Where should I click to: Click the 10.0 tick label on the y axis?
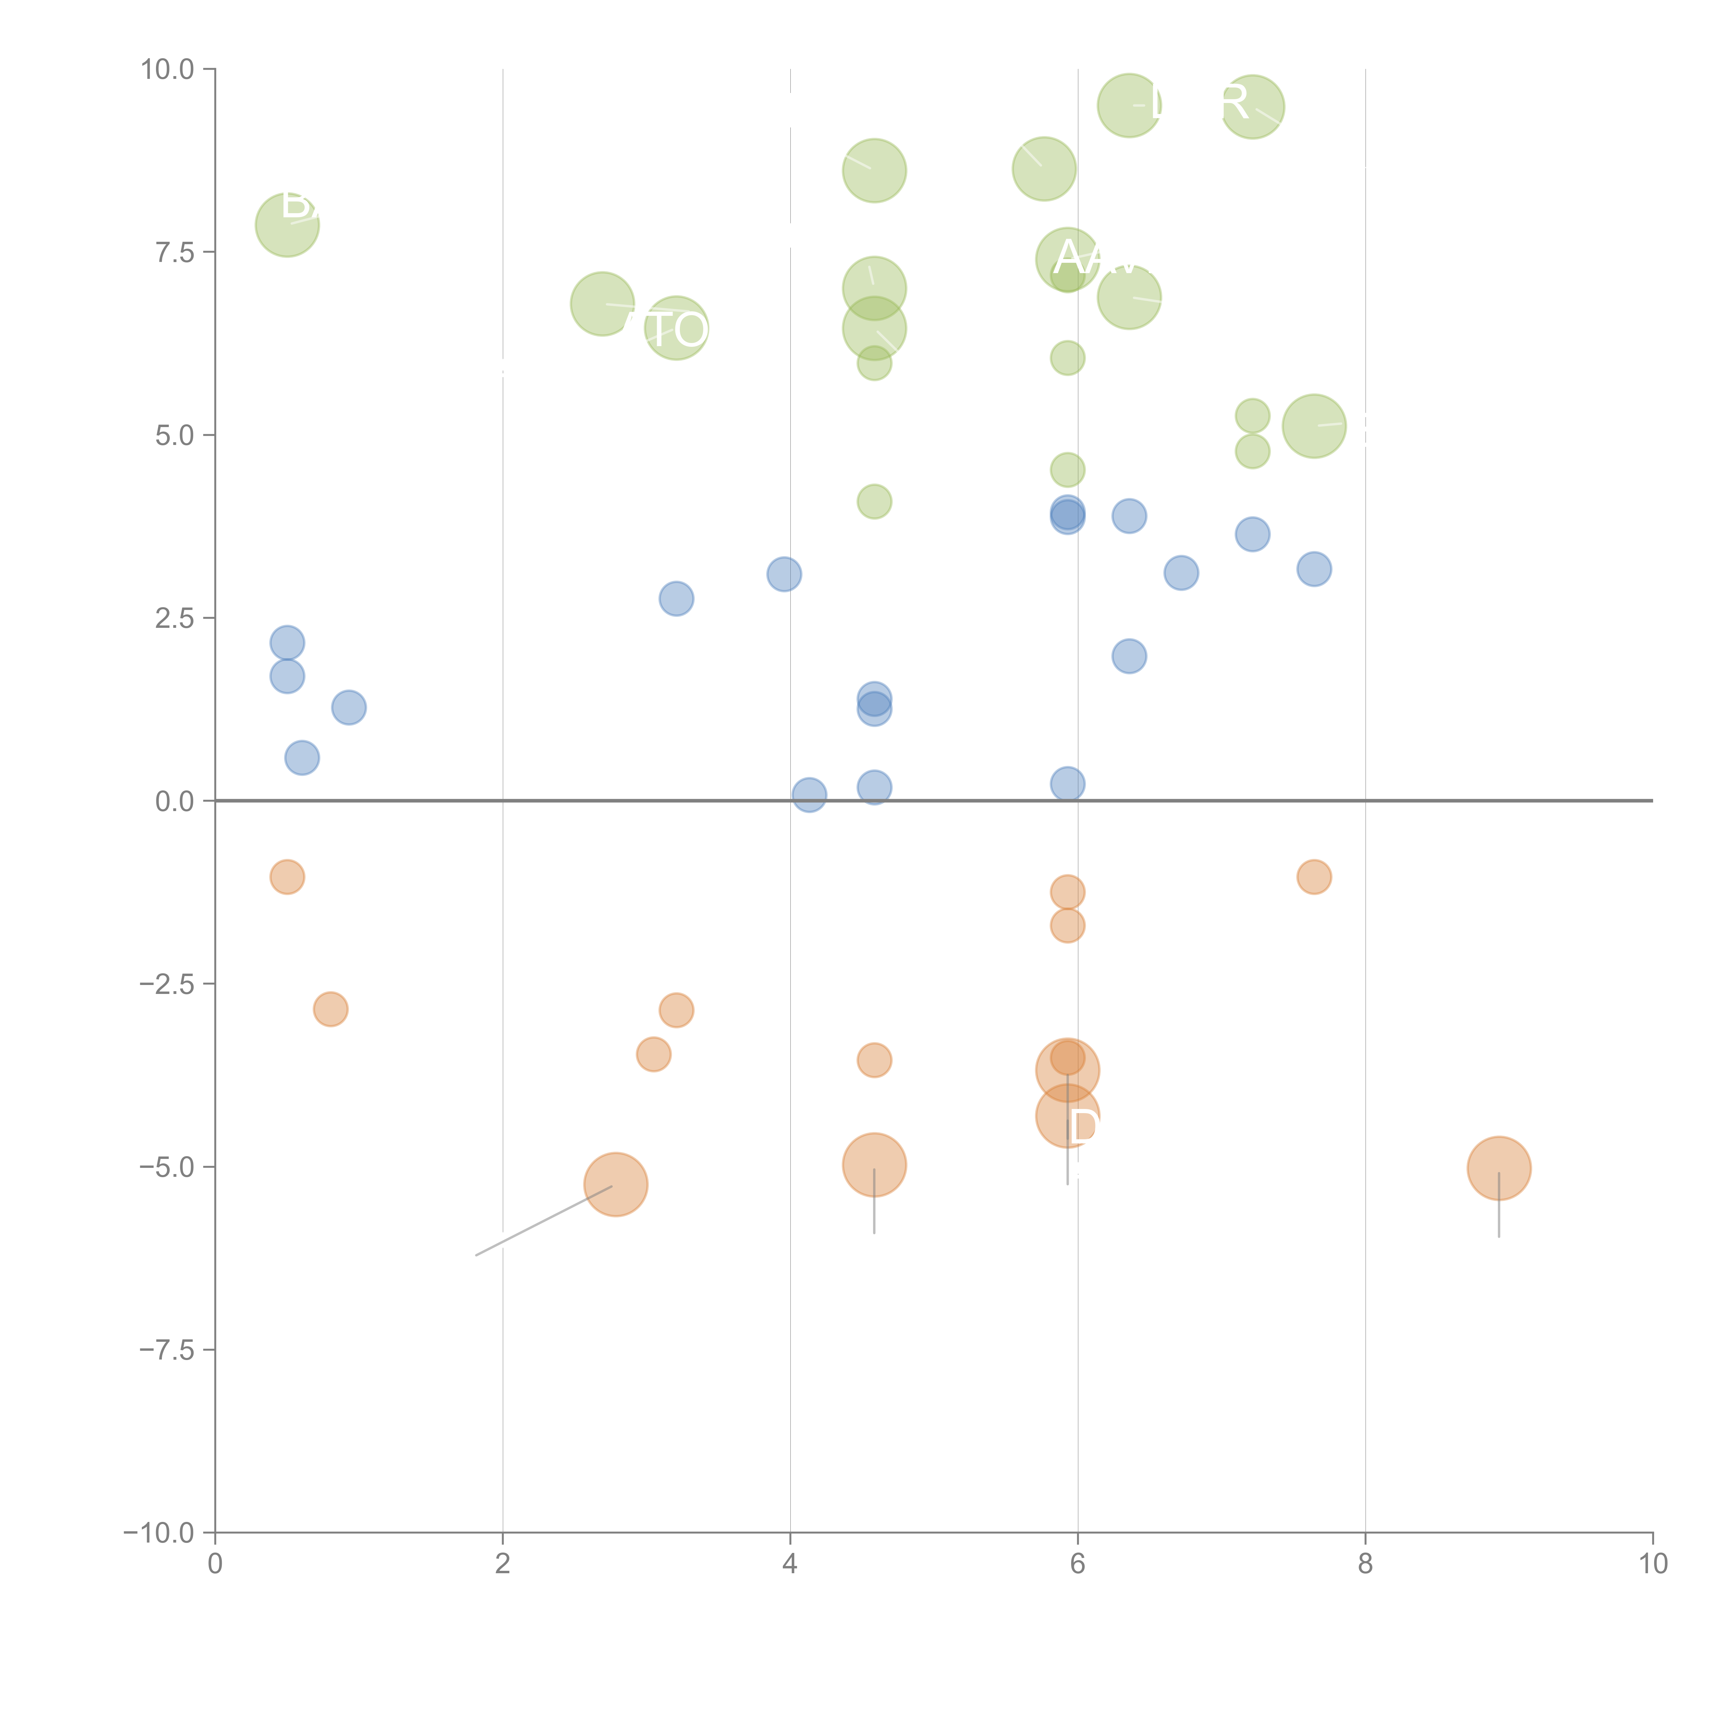[x=168, y=70]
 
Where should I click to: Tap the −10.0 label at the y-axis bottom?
[x=159, y=1533]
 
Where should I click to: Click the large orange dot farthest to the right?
[x=1499, y=1169]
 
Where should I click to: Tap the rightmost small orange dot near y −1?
[x=1314, y=877]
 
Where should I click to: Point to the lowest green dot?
[x=874, y=502]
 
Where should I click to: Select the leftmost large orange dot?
[x=615, y=1184]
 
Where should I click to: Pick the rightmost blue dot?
[x=1314, y=569]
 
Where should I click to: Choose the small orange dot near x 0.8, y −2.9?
[x=331, y=1009]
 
